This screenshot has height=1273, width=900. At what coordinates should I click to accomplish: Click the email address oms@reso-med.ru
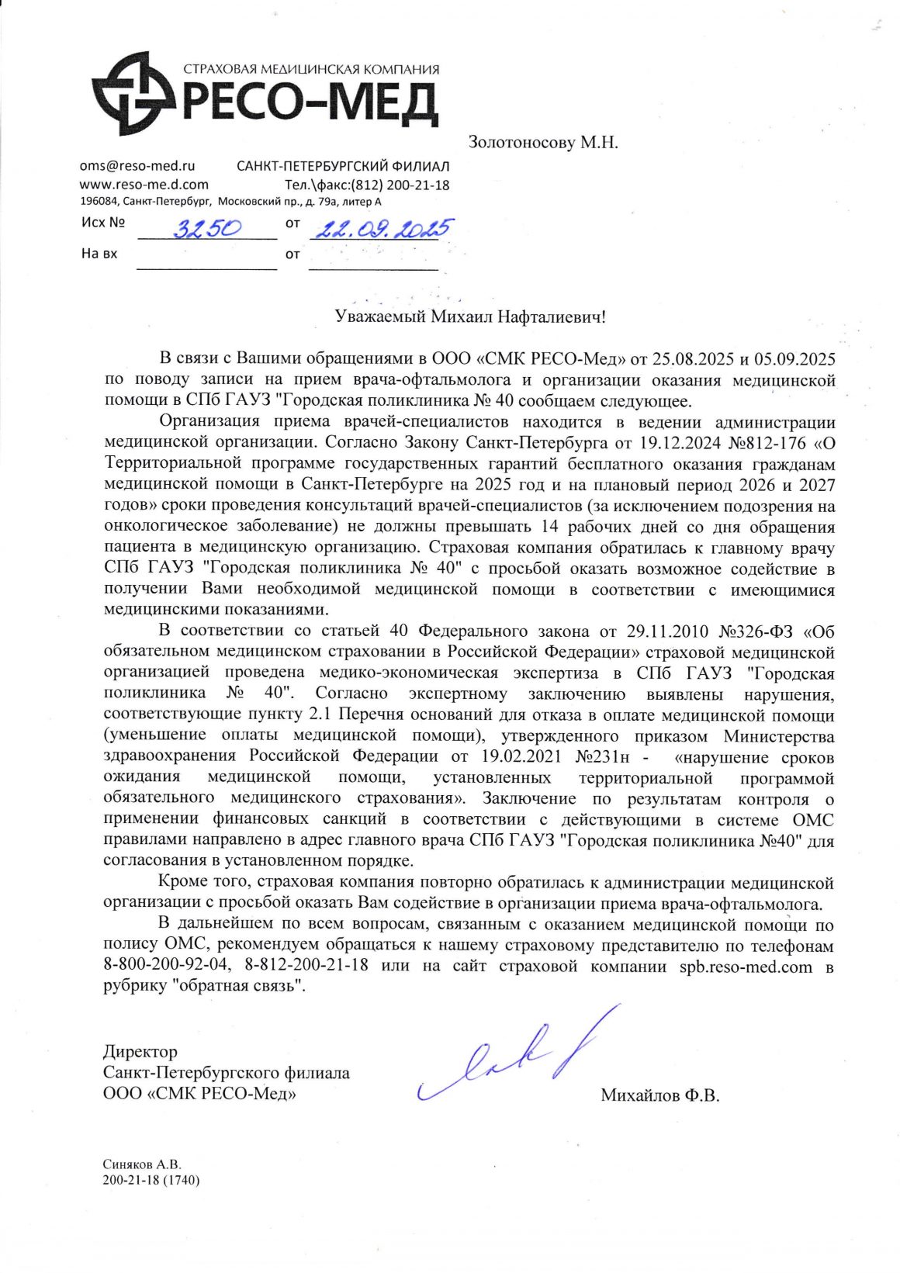[x=137, y=166]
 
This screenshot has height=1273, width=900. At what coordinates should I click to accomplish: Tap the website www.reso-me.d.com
[x=144, y=185]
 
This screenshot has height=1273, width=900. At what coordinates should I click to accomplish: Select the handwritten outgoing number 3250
[x=209, y=228]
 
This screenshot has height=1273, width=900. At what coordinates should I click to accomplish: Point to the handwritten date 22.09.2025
[x=381, y=228]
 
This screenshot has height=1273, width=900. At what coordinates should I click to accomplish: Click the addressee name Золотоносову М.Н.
[x=543, y=143]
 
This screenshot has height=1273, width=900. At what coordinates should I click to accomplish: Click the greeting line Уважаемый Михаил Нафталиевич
[x=469, y=317]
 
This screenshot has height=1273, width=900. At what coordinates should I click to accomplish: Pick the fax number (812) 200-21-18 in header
[x=400, y=185]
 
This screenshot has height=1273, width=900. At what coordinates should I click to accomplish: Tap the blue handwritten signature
[x=520, y=1054]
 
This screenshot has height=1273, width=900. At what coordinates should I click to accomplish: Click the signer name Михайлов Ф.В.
[x=659, y=1096]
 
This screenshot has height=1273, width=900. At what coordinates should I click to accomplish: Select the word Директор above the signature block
[x=140, y=1053]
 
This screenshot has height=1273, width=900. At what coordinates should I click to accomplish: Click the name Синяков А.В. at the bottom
[x=141, y=1164]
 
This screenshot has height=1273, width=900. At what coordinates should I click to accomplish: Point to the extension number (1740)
[x=182, y=1181]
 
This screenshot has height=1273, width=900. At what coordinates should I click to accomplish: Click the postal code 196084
[x=99, y=202]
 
